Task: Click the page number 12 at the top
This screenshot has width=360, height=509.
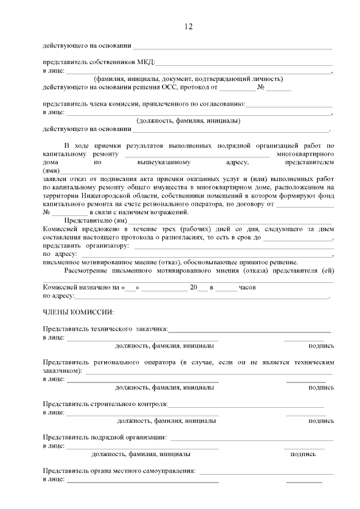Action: tap(188, 26)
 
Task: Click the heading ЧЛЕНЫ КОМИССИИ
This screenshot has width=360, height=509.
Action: tap(78, 312)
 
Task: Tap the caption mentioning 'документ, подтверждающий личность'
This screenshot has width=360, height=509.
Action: tap(188, 79)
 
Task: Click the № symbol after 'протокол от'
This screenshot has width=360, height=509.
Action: tap(261, 87)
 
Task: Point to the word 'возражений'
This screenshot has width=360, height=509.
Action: tap(172, 212)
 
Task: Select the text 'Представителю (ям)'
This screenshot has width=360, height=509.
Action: tap(93, 220)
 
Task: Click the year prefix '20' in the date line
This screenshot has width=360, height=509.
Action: tap(194, 287)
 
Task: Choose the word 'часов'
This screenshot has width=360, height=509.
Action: tap(247, 287)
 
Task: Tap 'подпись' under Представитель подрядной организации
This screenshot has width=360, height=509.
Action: tap(303, 454)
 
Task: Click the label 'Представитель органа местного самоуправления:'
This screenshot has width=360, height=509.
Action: tap(119, 471)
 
